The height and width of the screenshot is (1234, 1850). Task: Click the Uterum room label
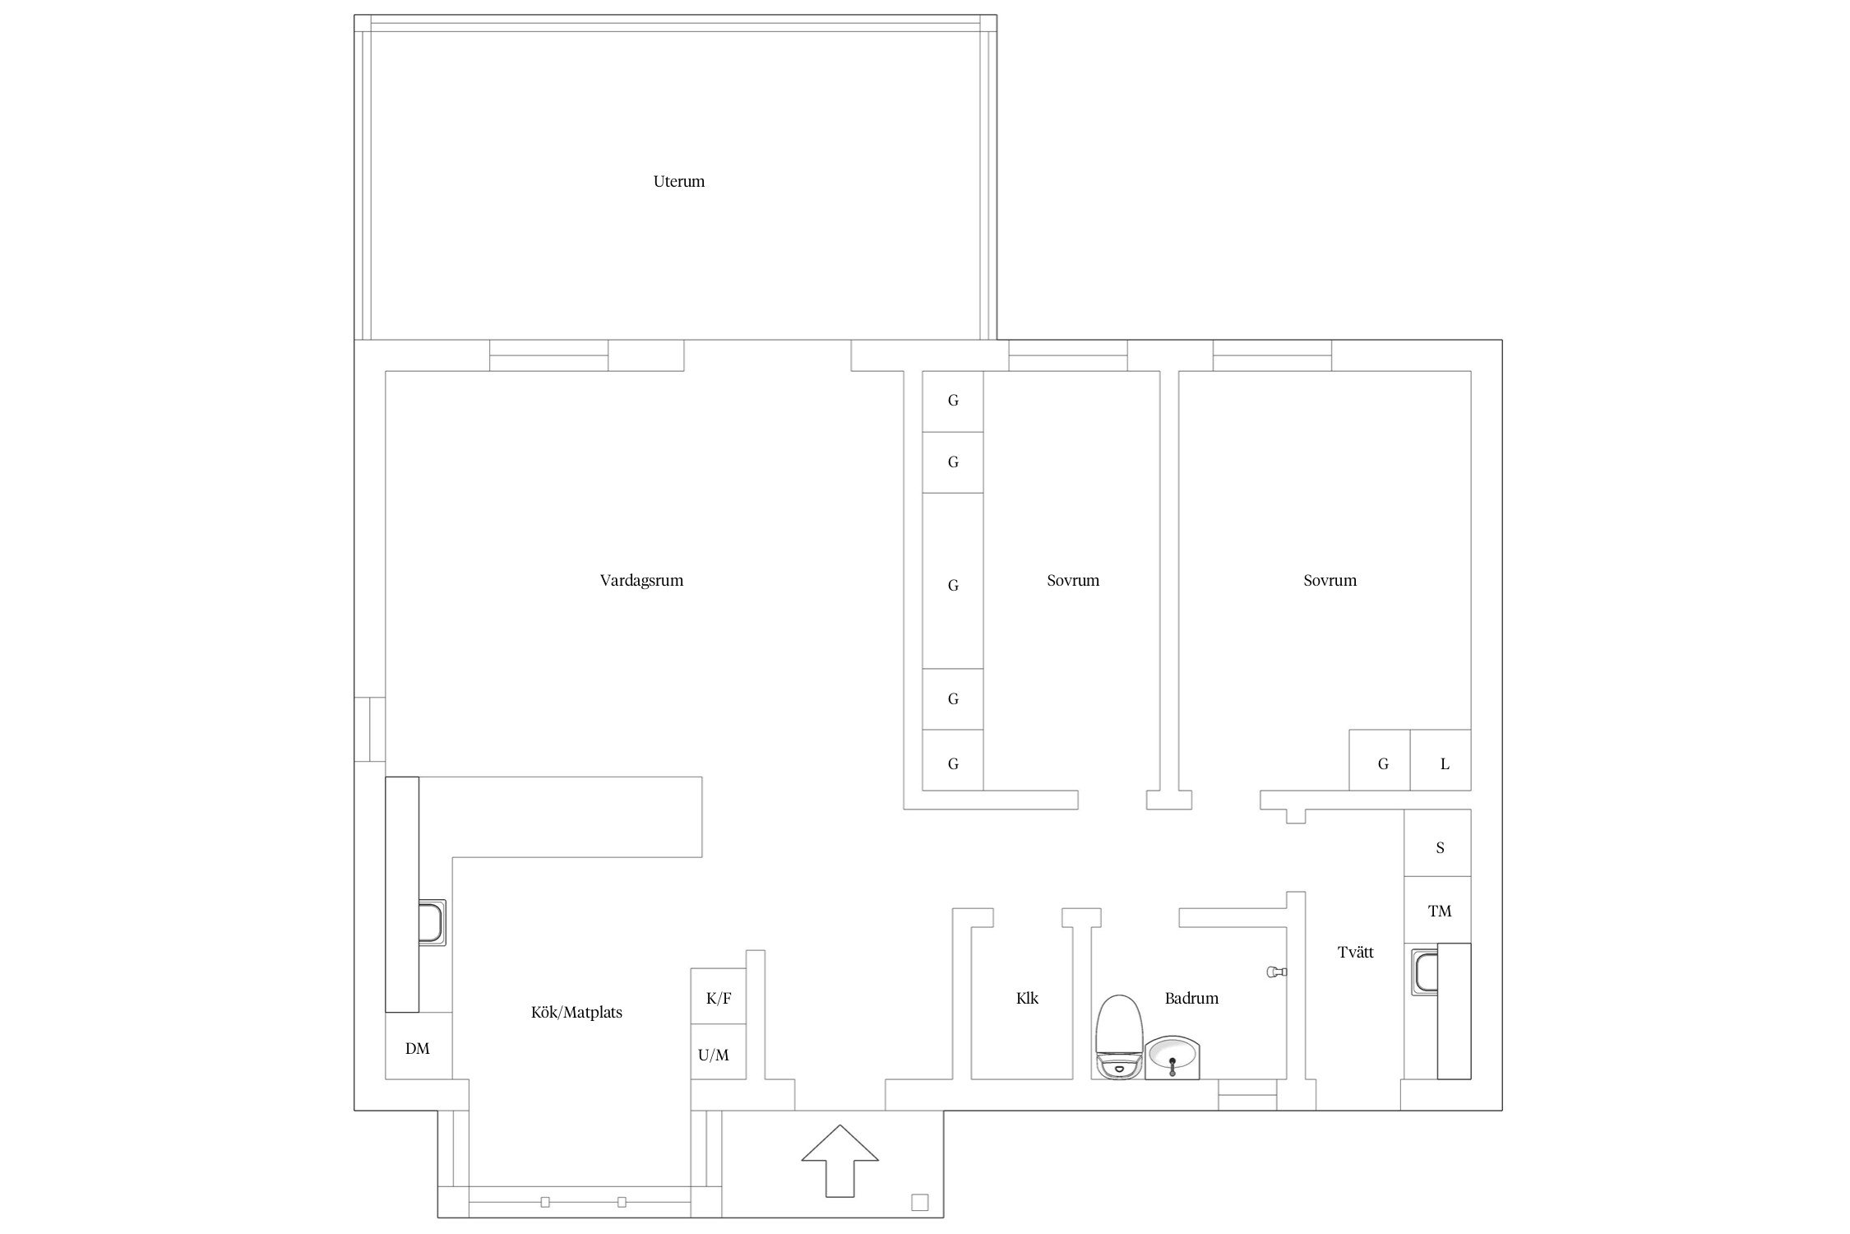click(678, 181)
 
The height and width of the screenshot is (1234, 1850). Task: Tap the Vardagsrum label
click(641, 580)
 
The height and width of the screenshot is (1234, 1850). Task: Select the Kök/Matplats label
click(576, 1013)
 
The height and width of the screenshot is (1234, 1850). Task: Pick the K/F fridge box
click(718, 996)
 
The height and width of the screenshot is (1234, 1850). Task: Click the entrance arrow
click(840, 1160)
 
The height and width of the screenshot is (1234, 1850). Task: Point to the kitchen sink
click(432, 922)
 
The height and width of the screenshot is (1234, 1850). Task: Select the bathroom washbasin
click(1172, 1058)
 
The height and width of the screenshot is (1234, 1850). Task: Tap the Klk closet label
click(1027, 999)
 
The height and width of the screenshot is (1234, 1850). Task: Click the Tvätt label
click(1356, 953)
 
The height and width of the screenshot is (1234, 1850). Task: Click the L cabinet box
click(1441, 760)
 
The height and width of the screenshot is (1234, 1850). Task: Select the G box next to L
click(1380, 760)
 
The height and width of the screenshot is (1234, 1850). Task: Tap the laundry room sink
click(1424, 972)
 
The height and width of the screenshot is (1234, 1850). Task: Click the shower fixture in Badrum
click(1276, 972)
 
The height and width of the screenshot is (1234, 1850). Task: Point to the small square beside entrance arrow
click(920, 1203)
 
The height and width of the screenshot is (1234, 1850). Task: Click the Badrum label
click(1191, 999)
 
